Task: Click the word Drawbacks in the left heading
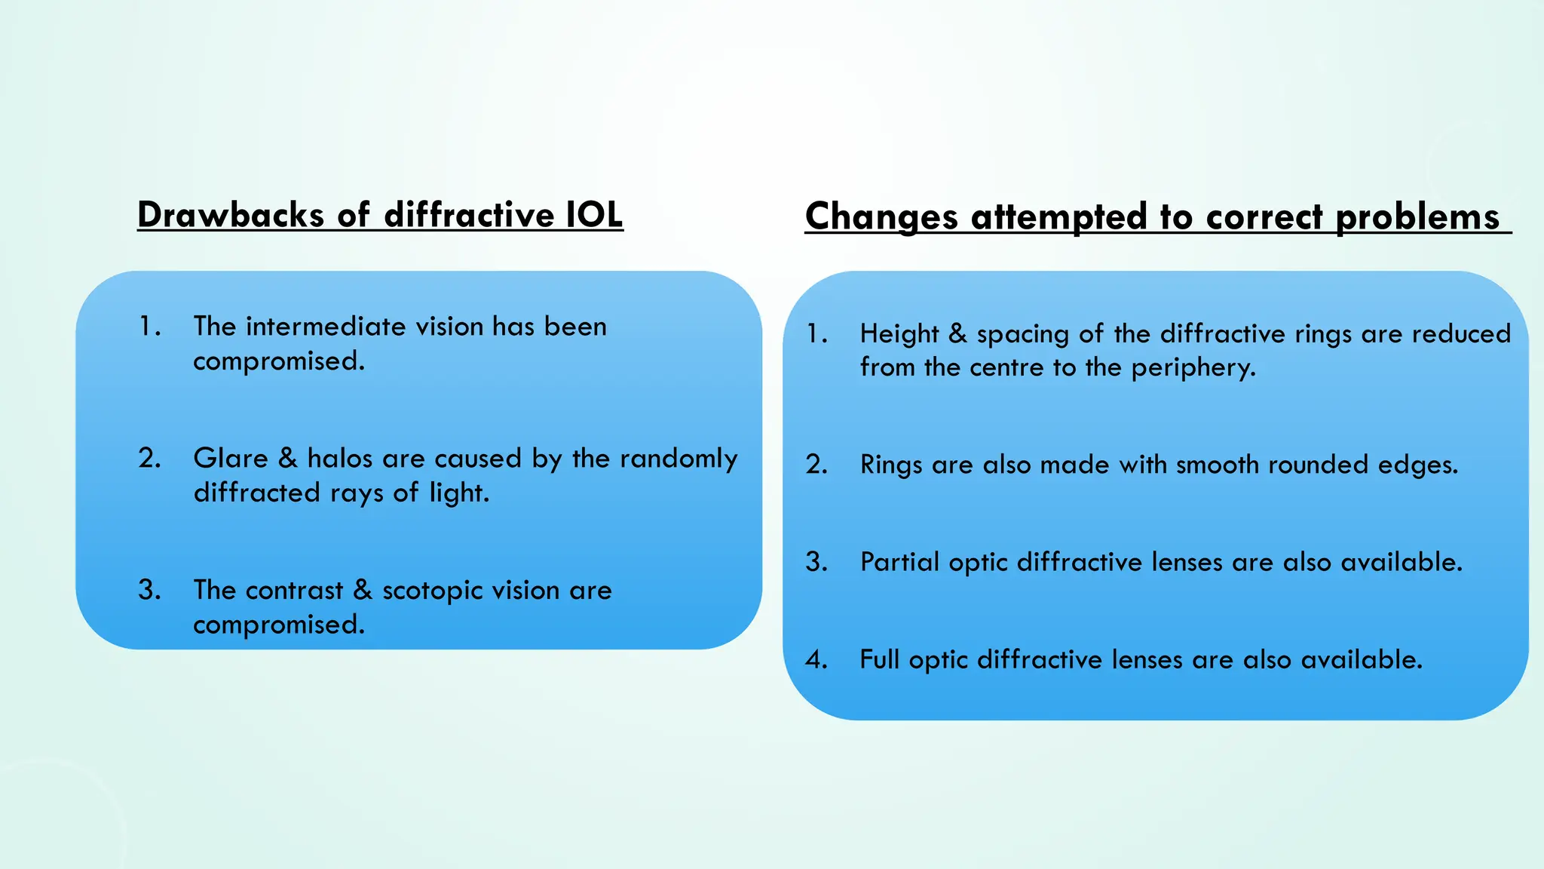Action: click(x=231, y=215)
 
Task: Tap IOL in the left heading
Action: click(x=594, y=215)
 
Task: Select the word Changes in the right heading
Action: click(x=881, y=217)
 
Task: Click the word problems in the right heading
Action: click(x=1417, y=217)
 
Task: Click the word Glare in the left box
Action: click(x=231, y=459)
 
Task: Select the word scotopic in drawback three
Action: click(x=432, y=591)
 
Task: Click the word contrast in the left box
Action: click(x=295, y=591)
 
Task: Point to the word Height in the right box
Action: click(x=899, y=334)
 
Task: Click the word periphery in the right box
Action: click(x=1193, y=368)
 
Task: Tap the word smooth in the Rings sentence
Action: click(x=1218, y=465)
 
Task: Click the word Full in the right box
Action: click(x=880, y=660)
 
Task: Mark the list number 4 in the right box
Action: click(x=816, y=660)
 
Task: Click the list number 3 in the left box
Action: click(x=149, y=590)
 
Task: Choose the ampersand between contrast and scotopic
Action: click(x=363, y=590)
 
